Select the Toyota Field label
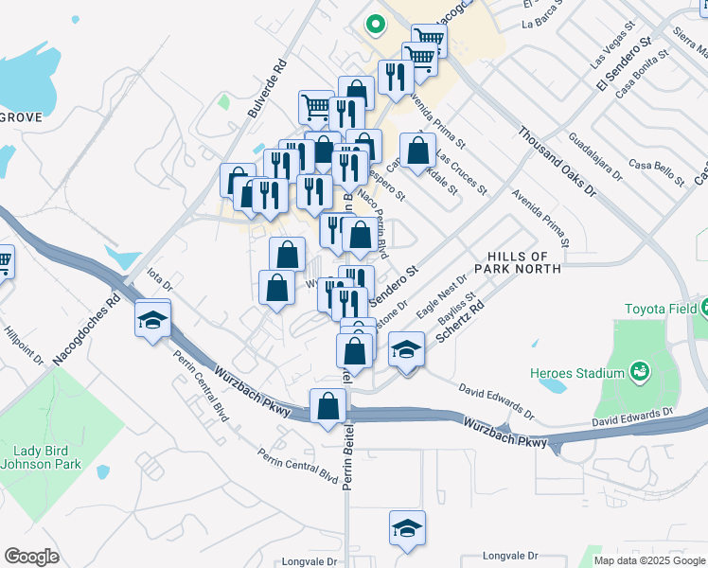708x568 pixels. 661,310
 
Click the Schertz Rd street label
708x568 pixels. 453,324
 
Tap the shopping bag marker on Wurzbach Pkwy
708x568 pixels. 327,407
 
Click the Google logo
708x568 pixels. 31,557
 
